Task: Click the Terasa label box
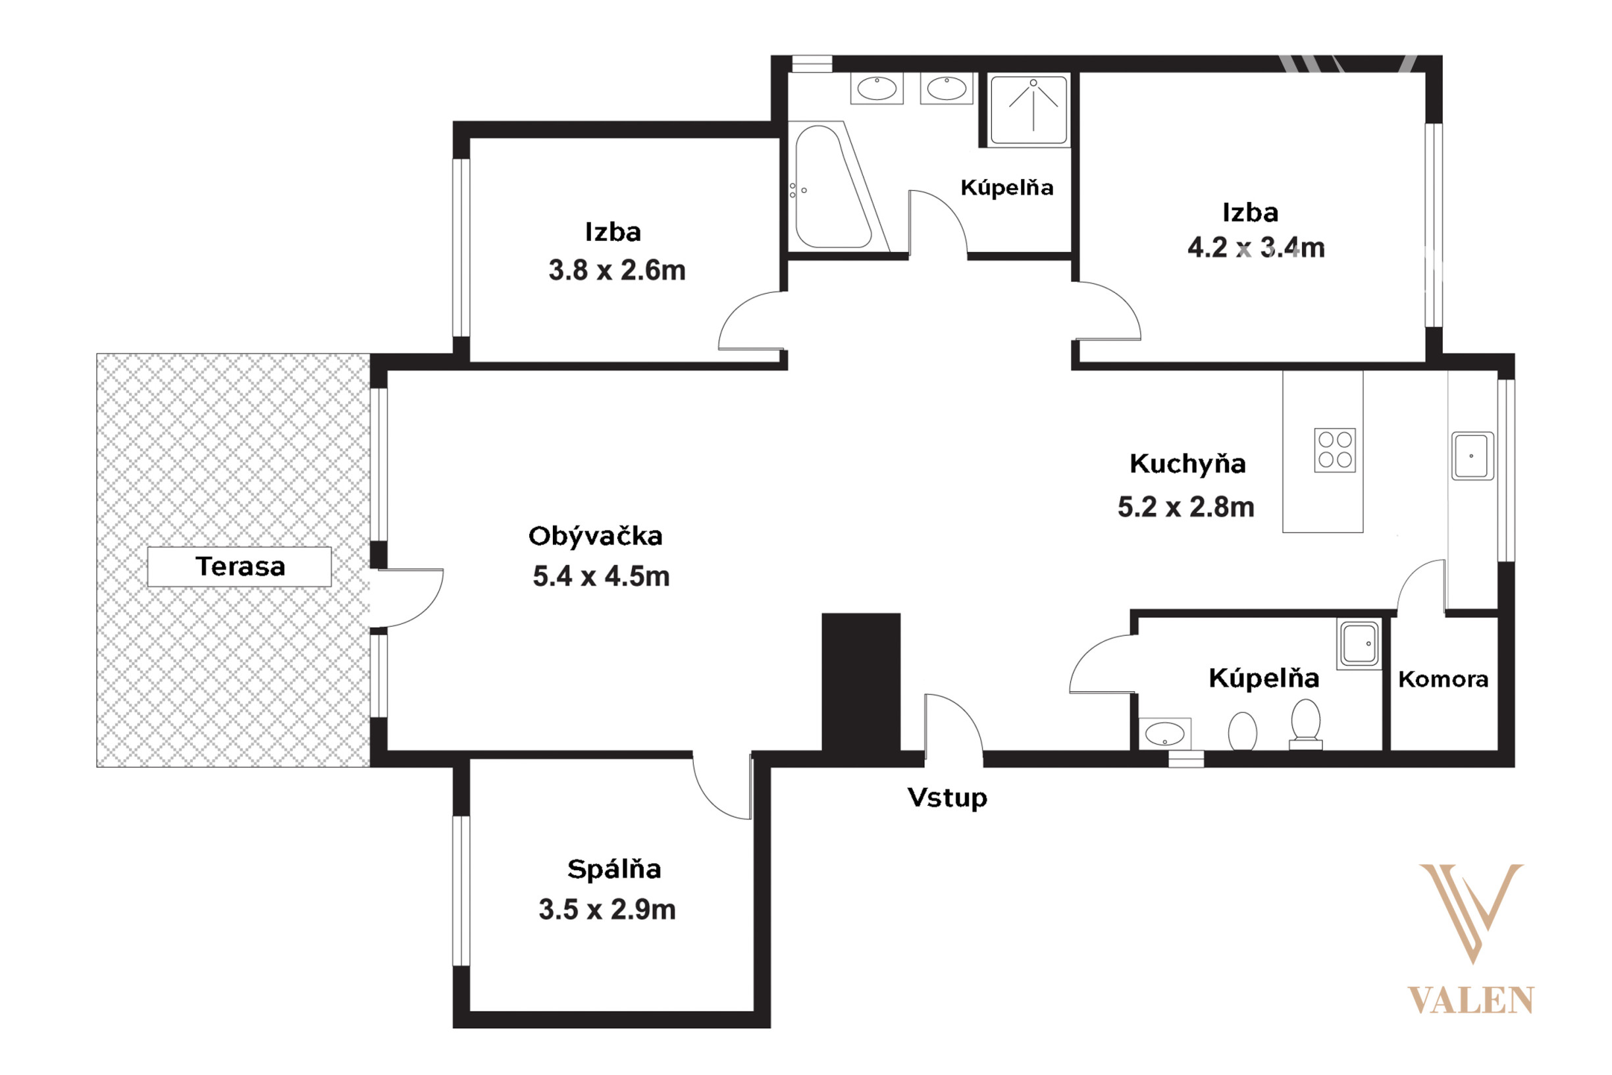coord(239,567)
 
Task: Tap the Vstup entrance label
coord(947,797)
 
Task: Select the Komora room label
coord(1443,679)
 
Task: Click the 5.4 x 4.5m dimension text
coord(601,577)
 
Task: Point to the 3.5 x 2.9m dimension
coord(608,910)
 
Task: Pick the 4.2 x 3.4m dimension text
coord(1257,248)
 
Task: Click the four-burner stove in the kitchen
coord(1334,450)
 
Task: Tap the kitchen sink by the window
coord(1472,456)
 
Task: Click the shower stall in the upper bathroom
coord(1029,110)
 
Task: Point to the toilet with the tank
coord(1306,724)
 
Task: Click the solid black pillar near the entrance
coord(861,681)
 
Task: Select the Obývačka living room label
coord(595,536)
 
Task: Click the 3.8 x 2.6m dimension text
coord(617,271)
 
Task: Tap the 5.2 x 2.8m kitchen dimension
coord(1185,508)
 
